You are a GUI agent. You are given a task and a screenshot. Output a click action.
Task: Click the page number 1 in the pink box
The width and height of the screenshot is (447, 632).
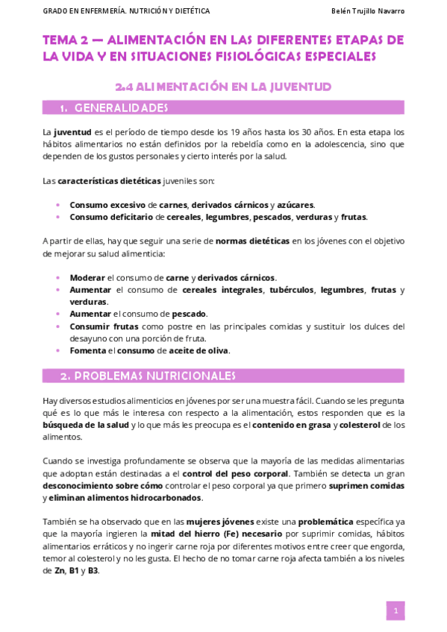(396, 610)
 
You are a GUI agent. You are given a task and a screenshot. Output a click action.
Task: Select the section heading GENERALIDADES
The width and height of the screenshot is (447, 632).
(122, 108)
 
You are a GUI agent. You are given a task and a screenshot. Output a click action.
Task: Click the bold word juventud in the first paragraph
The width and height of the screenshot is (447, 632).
(70, 132)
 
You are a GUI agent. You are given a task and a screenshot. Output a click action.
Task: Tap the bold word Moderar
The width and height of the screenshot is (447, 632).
(88, 276)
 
